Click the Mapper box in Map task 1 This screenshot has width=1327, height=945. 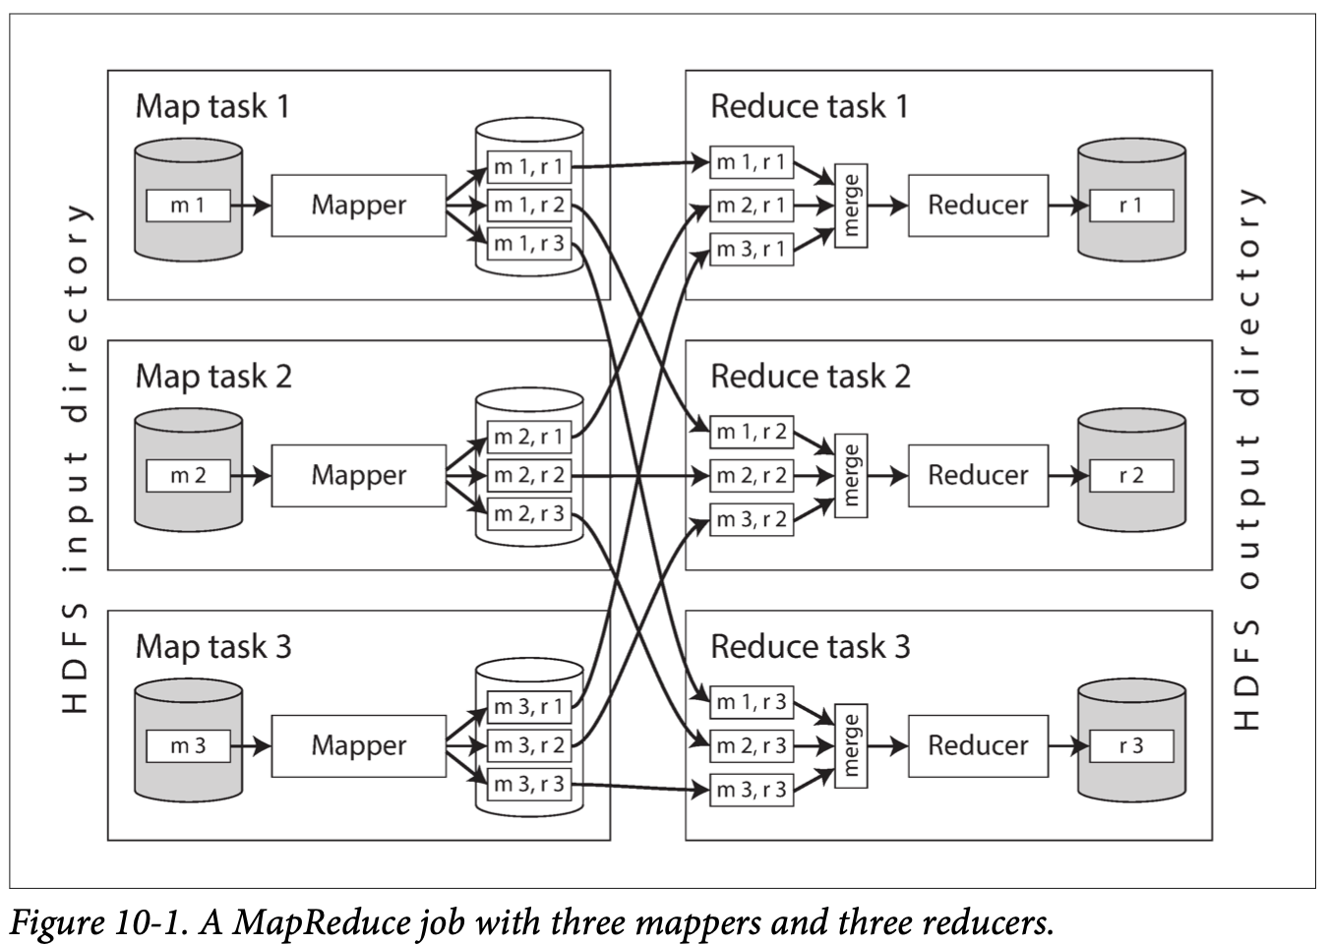pyautogui.click(x=358, y=206)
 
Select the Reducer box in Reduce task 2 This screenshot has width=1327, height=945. pyautogui.click(x=978, y=476)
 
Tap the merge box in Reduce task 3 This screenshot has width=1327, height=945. pyautogui.click(x=851, y=745)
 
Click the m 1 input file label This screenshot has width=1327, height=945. pyautogui.click(x=188, y=206)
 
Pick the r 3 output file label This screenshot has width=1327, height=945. pyautogui.click(x=1131, y=745)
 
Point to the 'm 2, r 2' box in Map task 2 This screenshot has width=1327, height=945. pyautogui.click(x=529, y=476)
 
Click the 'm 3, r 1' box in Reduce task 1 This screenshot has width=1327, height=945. pyautogui.click(x=752, y=250)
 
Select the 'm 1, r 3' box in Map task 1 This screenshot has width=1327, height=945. pyautogui.click(x=529, y=243)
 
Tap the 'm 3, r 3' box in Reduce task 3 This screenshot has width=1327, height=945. pyautogui.click(x=752, y=790)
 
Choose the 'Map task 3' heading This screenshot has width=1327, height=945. pyautogui.click(x=213, y=646)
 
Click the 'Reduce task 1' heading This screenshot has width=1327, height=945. pyautogui.click(x=809, y=106)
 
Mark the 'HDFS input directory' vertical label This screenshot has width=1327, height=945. pyautogui.click(x=76, y=457)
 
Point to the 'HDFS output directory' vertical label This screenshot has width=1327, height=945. pyautogui.click(x=1247, y=457)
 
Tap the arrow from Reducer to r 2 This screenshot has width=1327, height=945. pyautogui.click(x=1068, y=476)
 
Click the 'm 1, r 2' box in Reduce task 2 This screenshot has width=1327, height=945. pyautogui.click(x=752, y=432)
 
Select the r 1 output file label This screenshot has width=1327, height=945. pyautogui.click(x=1131, y=206)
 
